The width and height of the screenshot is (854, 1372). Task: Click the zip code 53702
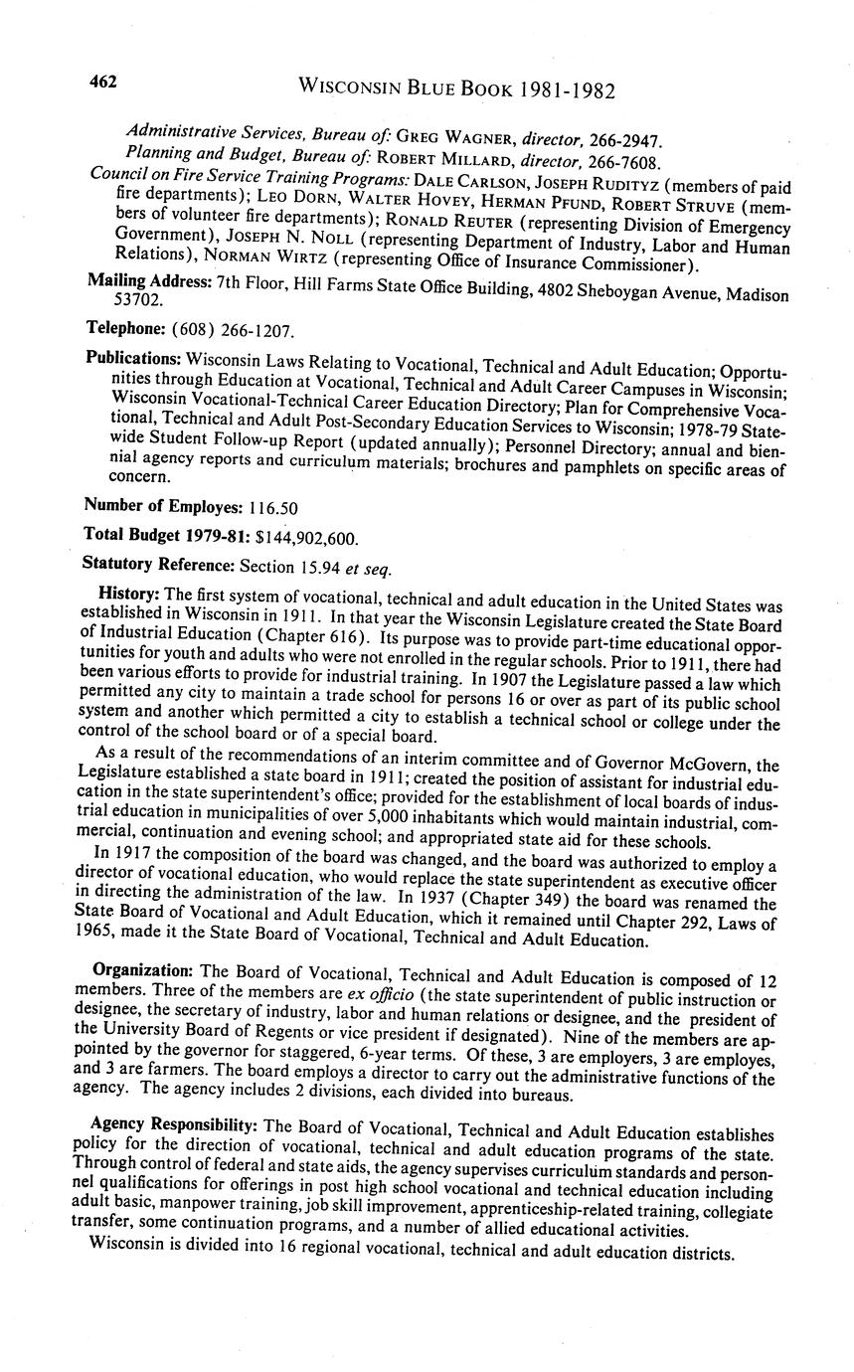[138, 299]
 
